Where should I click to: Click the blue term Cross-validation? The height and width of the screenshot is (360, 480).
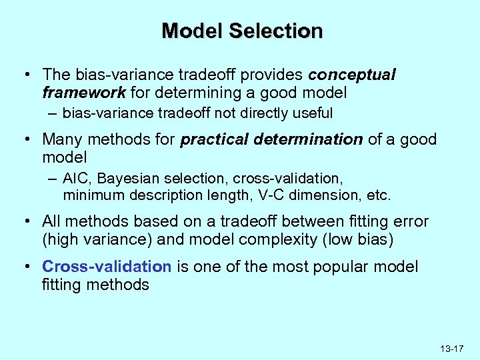[x=107, y=267]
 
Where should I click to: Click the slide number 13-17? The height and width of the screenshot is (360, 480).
[x=451, y=349]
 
